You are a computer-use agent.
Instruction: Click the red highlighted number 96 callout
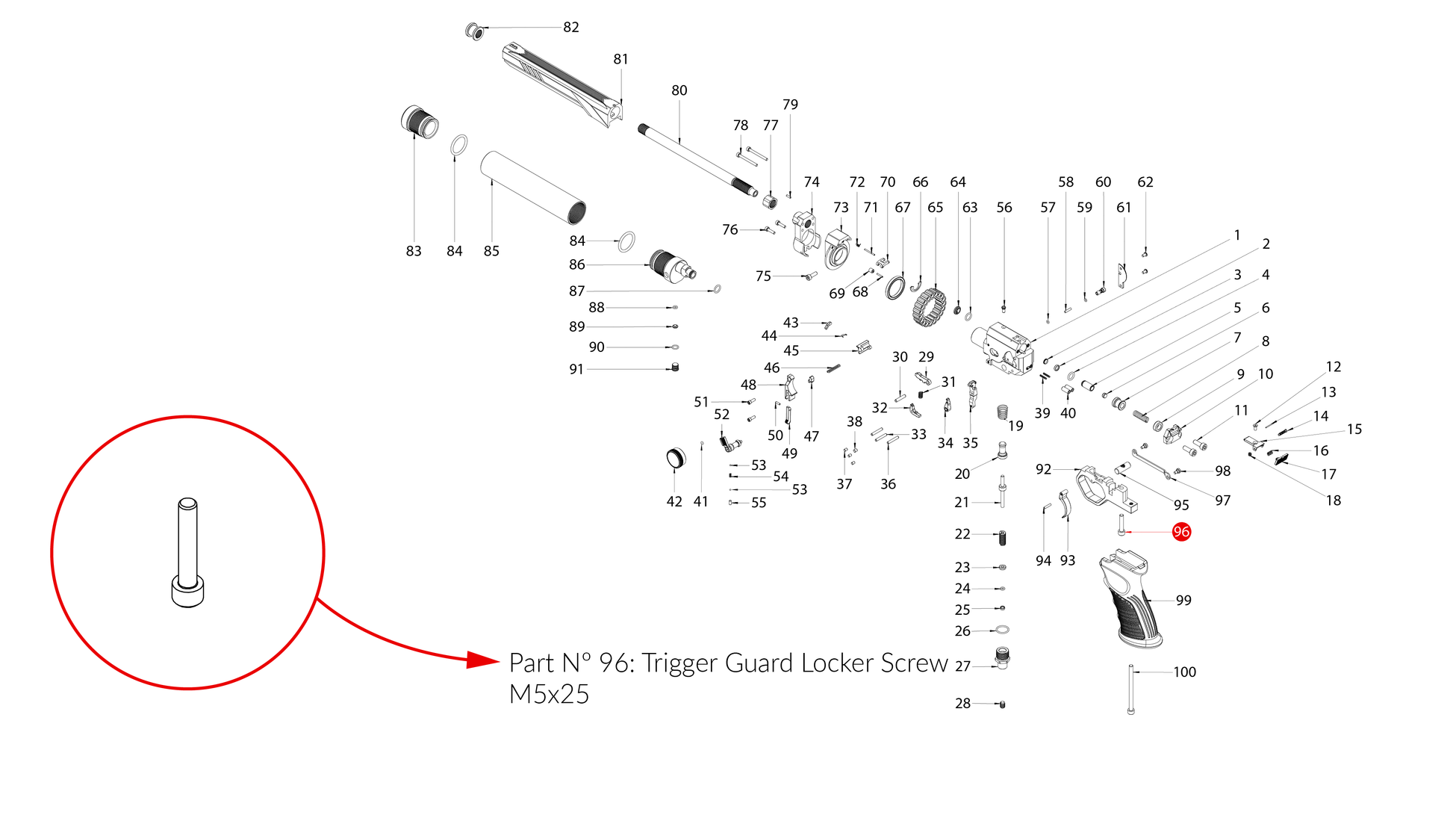1181,532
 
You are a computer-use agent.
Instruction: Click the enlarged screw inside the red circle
187,553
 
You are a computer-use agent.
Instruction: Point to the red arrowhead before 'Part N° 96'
482,660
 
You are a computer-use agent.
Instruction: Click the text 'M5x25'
549,695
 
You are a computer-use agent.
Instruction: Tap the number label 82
571,27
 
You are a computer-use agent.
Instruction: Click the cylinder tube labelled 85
532,188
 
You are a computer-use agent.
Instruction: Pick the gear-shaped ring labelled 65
930,307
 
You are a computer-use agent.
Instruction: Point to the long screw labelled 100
1131,690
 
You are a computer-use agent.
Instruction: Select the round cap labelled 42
675,458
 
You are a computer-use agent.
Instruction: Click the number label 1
1236,235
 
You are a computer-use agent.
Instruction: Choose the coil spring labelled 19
1003,412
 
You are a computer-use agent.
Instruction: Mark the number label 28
963,704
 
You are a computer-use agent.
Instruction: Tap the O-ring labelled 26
1002,630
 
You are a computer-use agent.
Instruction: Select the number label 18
1334,501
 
